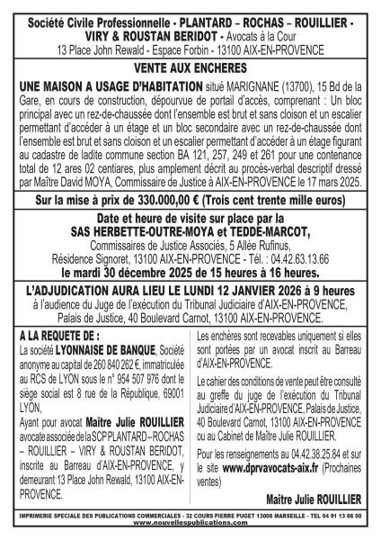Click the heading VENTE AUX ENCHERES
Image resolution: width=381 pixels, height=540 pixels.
(x=190, y=67)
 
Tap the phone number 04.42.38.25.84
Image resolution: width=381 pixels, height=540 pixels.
(x=314, y=455)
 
